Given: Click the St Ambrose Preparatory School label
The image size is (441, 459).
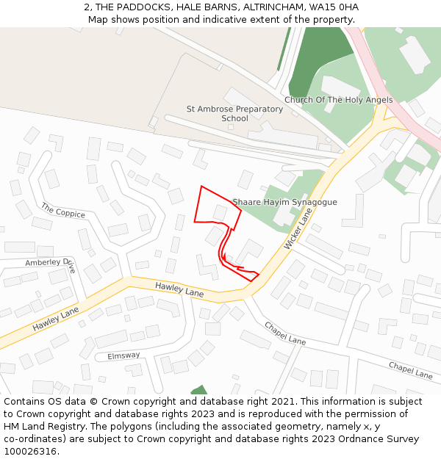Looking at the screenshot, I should (x=234, y=114).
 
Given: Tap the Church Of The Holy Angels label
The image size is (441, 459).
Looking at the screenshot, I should (x=338, y=100).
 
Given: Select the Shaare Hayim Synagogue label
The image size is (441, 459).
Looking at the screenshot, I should (x=284, y=202).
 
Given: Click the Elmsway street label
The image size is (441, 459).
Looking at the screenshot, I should (x=123, y=355).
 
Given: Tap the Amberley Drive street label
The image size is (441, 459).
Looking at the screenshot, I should (x=50, y=262).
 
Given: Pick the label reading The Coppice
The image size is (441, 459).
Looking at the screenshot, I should (x=63, y=210).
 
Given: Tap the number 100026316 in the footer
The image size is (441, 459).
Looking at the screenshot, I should (x=31, y=452).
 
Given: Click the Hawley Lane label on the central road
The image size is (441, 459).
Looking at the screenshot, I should (x=179, y=289).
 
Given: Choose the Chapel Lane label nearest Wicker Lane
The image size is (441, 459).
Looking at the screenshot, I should (x=285, y=333).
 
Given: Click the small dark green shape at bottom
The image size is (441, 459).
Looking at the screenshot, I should (x=198, y=390).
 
